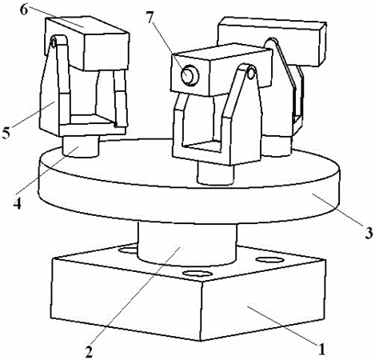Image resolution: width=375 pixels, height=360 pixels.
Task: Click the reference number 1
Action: coord(322,349)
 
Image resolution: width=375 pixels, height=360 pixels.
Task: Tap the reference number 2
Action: coord(89,351)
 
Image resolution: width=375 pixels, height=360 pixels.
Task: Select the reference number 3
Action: coord(369,233)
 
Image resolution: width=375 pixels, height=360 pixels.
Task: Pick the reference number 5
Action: coord(6,132)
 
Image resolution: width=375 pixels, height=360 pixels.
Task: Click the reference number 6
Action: coord(24,10)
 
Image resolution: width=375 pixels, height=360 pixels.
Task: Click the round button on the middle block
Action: coord(189,75)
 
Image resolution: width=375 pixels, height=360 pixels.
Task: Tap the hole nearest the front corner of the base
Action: coord(197,274)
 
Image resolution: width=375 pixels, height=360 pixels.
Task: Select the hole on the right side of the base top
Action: coord(269,259)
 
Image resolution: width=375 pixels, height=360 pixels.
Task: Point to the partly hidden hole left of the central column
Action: coord(128,250)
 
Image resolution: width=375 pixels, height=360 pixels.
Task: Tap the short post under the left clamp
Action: coord(81,146)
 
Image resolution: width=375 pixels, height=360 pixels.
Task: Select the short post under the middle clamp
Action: coord(215,174)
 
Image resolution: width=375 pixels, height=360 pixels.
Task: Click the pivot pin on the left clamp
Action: coord(54,42)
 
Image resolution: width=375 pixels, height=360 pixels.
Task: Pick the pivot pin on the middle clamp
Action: coord(250,73)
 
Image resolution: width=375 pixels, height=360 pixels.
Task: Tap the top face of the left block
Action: coord(87,26)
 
